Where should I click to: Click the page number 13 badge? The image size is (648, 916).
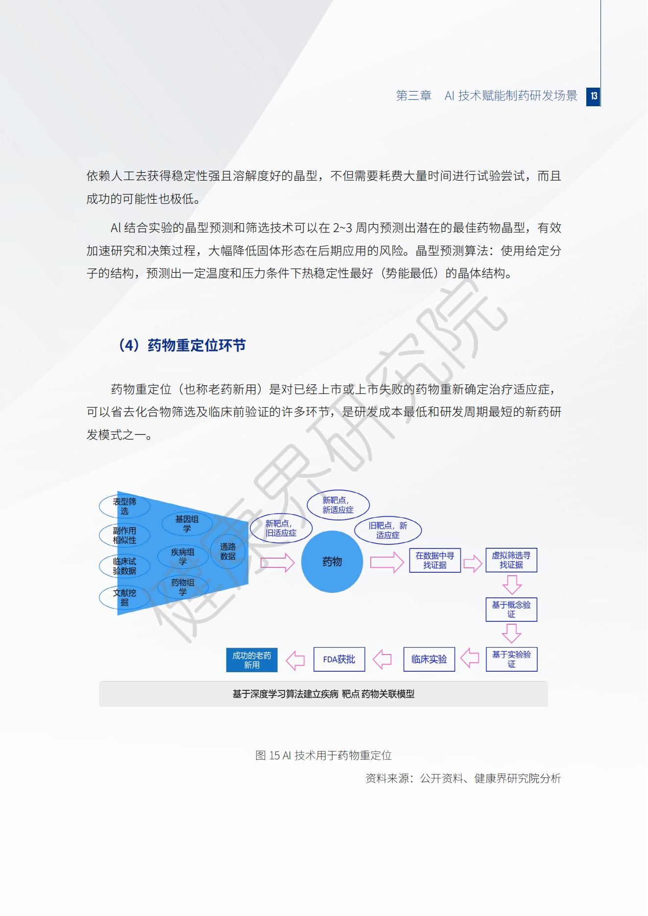(x=594, y=95)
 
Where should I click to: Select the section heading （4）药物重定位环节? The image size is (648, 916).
(x=180, y=346)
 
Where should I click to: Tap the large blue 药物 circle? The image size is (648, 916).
(x=332, y=562)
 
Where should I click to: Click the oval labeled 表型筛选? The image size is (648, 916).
(x=124, y=506)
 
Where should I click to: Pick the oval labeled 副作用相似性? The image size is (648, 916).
(x=124, y=536)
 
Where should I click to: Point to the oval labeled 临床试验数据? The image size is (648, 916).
(x=124, y=566)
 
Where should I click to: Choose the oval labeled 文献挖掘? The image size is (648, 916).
(x=124, y=597)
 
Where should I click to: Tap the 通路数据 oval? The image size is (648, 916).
(x=228, y=552)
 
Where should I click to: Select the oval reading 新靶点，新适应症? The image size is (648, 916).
(x=338, y=505)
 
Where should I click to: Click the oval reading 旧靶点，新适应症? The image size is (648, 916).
(x=388, y=530)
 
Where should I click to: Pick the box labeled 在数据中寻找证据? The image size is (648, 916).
(x=435, y=561)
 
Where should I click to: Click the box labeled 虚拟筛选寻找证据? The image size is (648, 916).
(x=511, y=560)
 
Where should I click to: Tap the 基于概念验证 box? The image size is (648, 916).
(x=511, y=610)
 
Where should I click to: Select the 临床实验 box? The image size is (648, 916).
(x=429, y=659)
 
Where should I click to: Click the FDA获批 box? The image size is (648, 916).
(x=339, y=659)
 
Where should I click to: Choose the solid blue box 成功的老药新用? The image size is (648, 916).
(x=252, y=660)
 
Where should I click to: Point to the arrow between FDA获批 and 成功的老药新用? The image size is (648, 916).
(x=295, y=660)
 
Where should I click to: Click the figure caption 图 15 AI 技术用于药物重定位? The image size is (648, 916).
(x=323, y=755)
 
